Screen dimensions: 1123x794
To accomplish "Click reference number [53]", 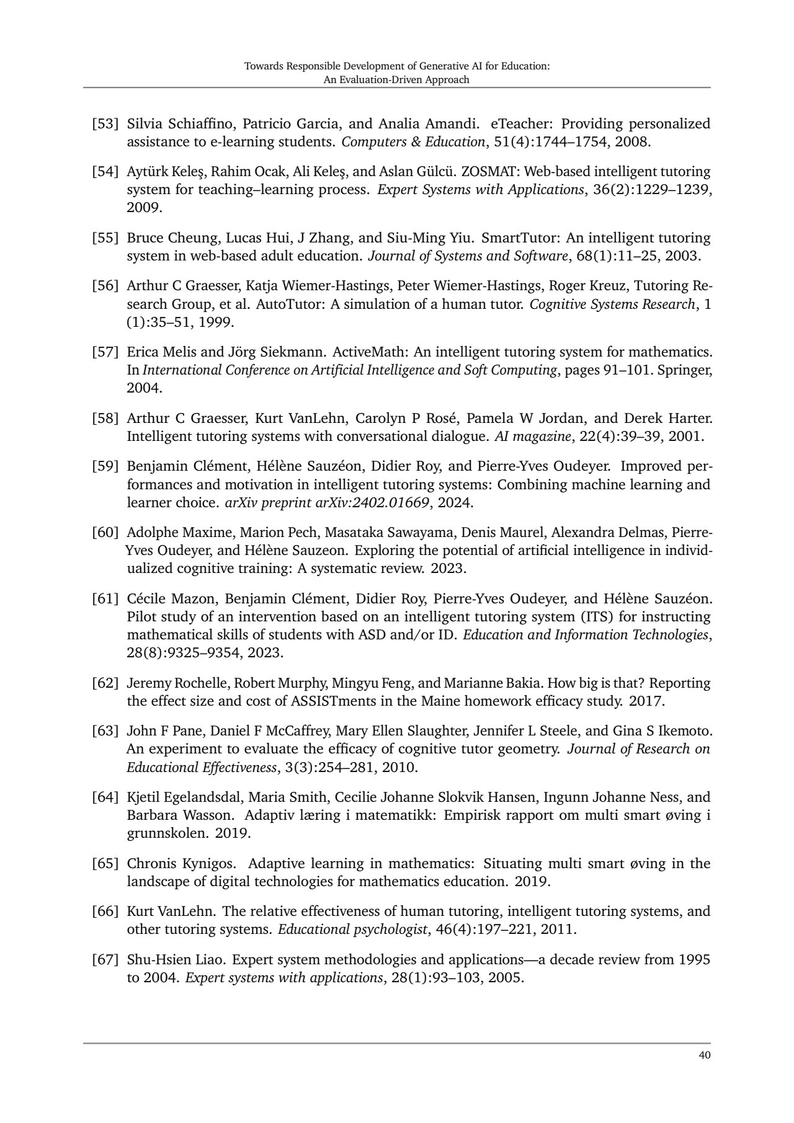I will pyautogui.click(x=105, y=123).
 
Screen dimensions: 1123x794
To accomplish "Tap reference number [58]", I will pyautogui.click(x=105, y=418).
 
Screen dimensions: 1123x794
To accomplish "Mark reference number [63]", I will pyautogui.click(x=105, y=730).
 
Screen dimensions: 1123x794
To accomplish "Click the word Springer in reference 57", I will pyautogui.click(x=687, y=370).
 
